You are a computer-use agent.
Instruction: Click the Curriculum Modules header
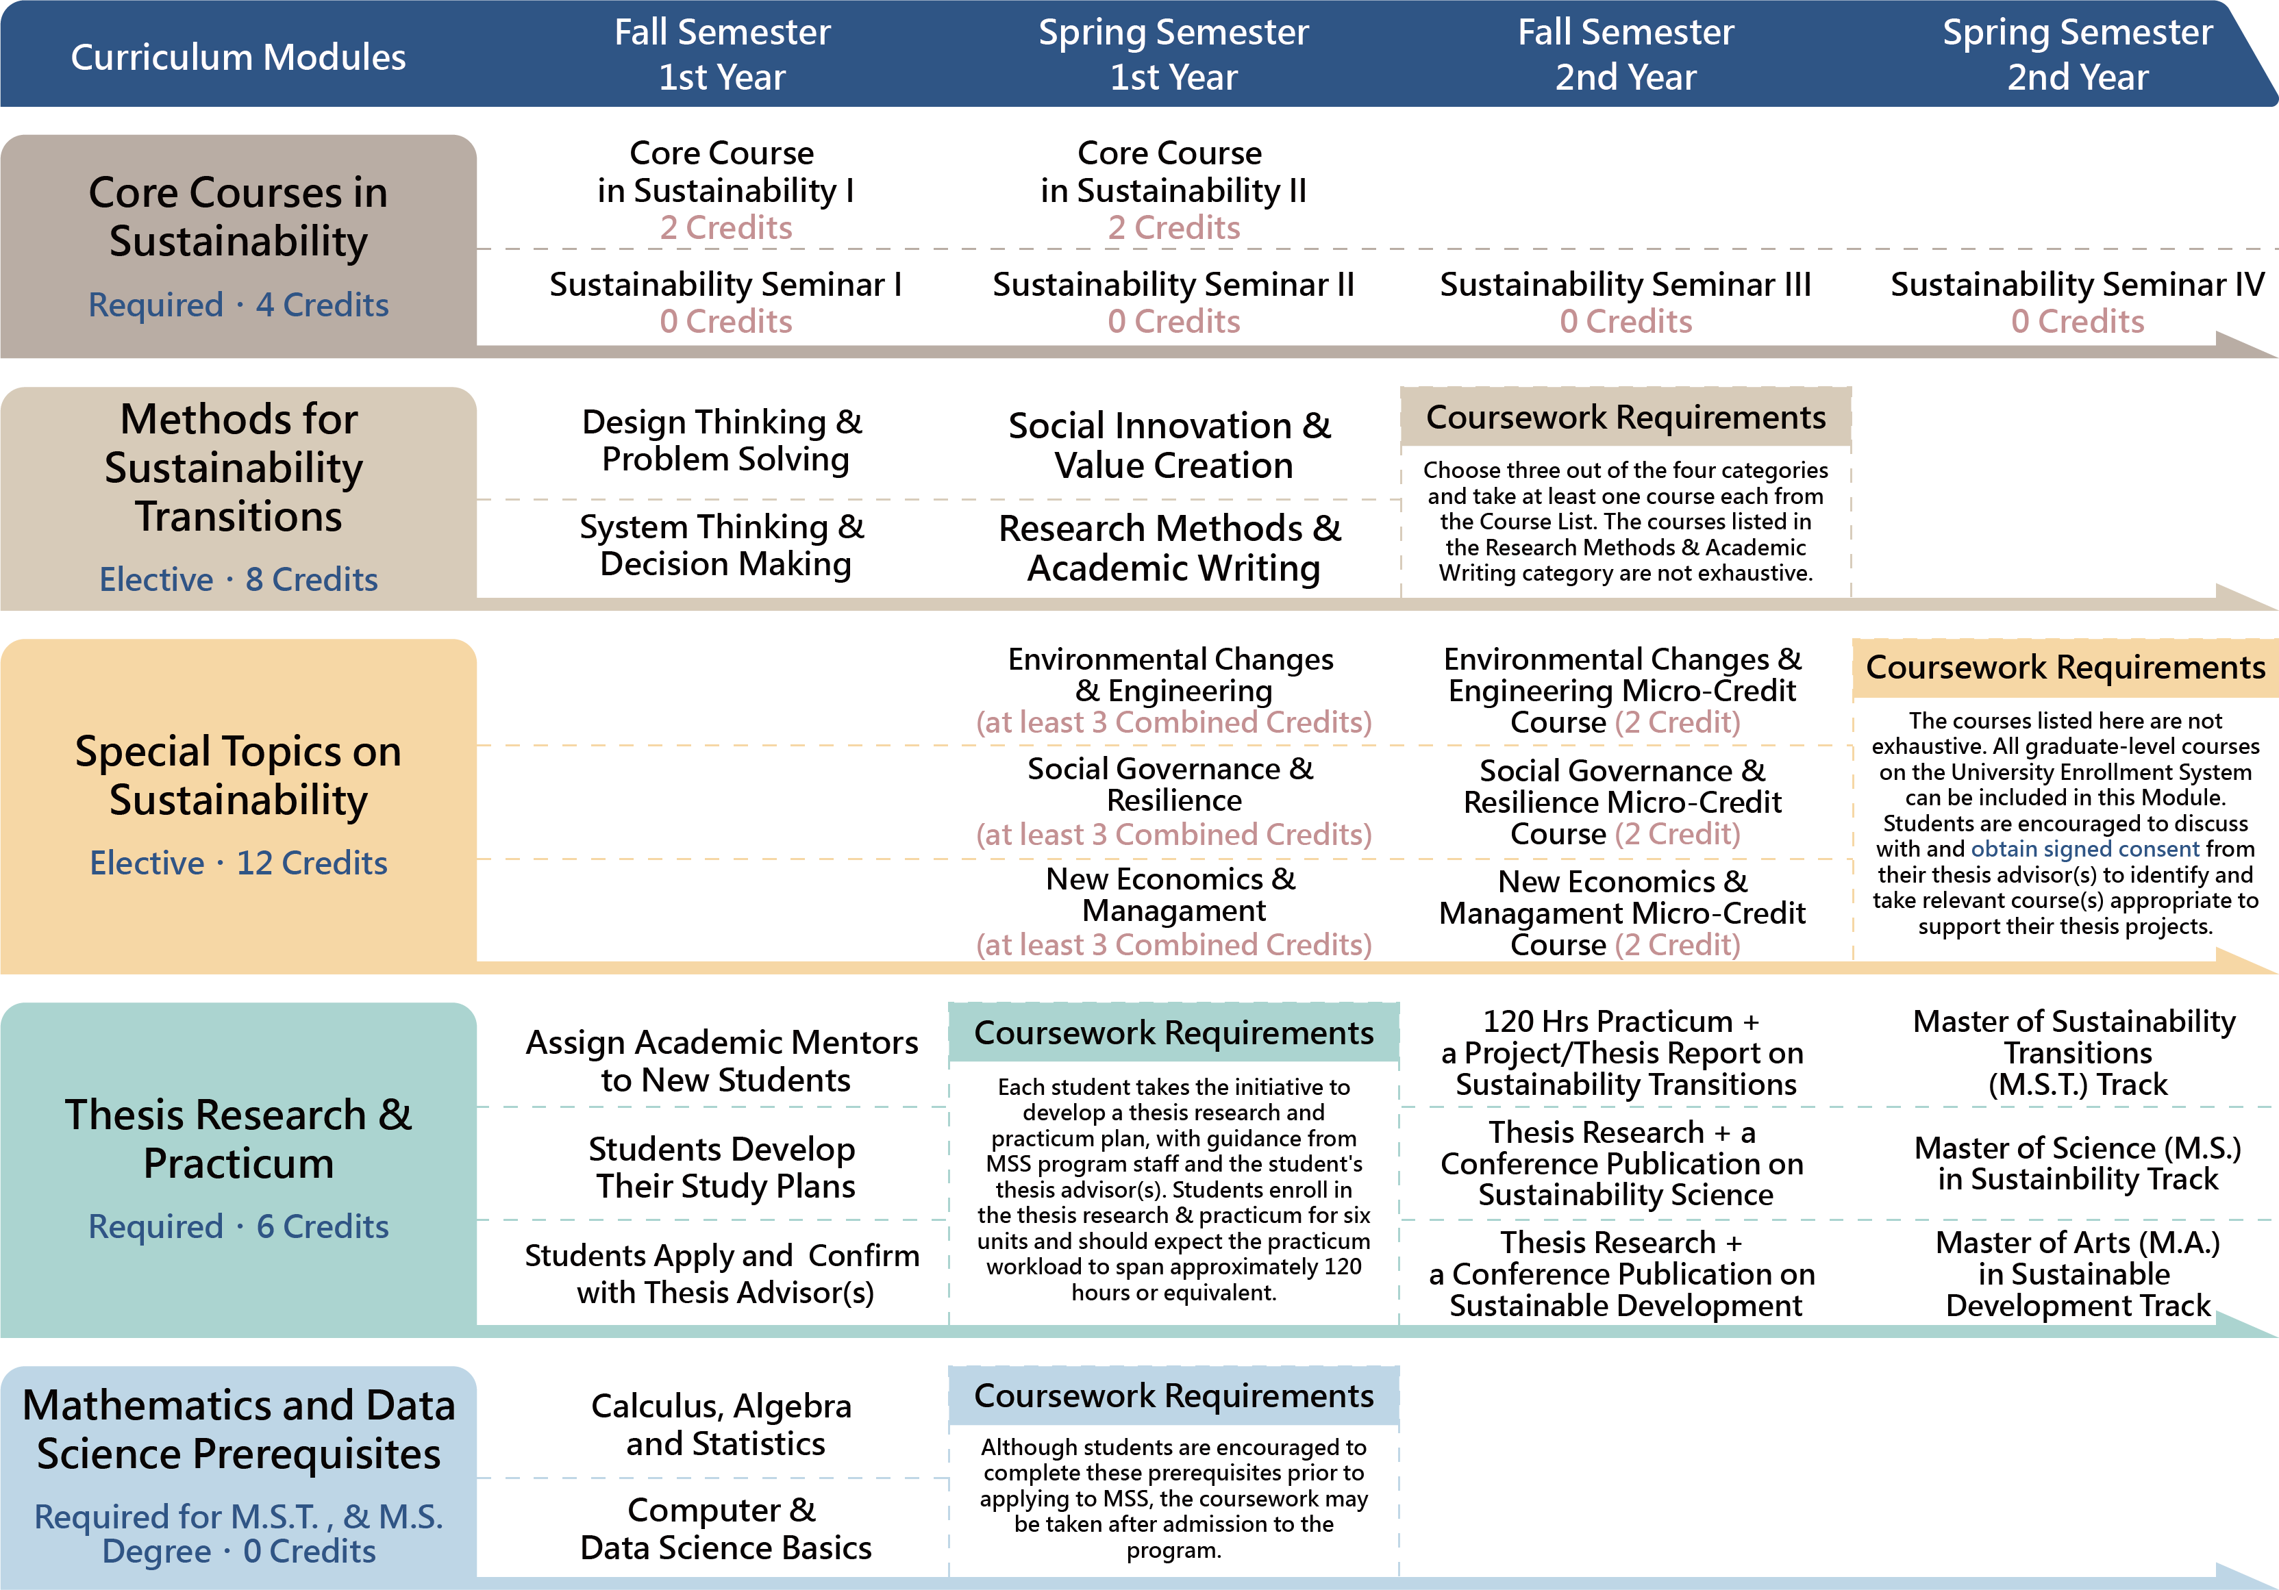click(238, 57)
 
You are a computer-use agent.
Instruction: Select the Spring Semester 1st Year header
click(1173, 55)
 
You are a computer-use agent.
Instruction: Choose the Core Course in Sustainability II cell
click(1173, 188)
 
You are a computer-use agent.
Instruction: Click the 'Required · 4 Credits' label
click(238, 305)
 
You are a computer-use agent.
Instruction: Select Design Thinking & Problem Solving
click(723, 440)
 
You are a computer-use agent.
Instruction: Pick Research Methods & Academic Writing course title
click(1171, 548)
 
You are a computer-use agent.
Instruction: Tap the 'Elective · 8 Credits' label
click(238, 579)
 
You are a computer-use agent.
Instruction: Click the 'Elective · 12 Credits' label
click(238, 863)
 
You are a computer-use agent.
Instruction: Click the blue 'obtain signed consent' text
click(2084, 848)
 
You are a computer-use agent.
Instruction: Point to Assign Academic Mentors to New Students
click(723, 1060)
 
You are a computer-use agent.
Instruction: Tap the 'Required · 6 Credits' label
click(238, 1227)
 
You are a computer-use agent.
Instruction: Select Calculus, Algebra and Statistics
click(723, 1424)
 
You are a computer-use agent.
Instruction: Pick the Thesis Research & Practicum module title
click(238, 1139)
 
